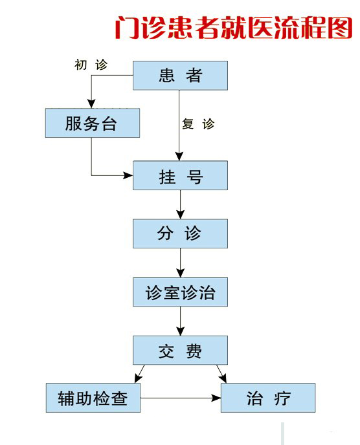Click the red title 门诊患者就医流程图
point(234,28)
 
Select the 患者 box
point(180,76)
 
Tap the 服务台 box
point(93,123)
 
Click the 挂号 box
point(180,175)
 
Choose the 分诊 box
point(180,233)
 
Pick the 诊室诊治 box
point(180,292)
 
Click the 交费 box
point(180,350)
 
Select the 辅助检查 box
point(93,398)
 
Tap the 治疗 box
point(268,398)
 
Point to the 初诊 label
point(91,65)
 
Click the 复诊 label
point(198,124)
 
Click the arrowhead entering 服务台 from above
point(91,103)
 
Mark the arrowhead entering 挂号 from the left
point(128,175)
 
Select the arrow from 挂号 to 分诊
point(180,204)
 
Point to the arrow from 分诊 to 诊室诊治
point(180,263)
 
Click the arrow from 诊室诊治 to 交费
point(180,321)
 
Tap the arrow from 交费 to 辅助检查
point(139,374)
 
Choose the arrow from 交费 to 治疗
point(221,374)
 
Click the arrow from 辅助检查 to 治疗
point(181,398)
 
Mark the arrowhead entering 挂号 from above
point(179,157)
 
